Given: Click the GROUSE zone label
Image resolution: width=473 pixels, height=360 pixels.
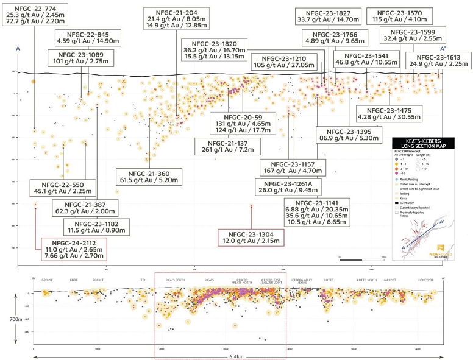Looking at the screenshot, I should coord(48,280).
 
